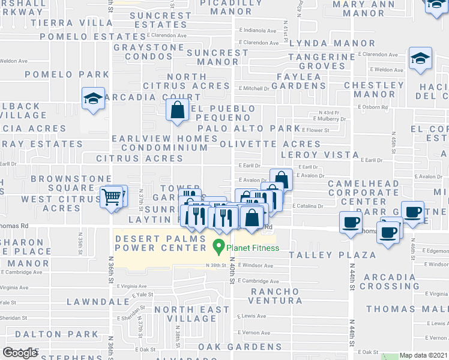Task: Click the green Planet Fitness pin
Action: [219, 246]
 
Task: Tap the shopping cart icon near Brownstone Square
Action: [111, 196]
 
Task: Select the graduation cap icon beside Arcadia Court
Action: [93, 99]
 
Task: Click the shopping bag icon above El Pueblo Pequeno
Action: [177, 110]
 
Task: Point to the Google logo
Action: [20, 353]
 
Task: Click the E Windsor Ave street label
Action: [256, 266]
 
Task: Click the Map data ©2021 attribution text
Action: [423, 356]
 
